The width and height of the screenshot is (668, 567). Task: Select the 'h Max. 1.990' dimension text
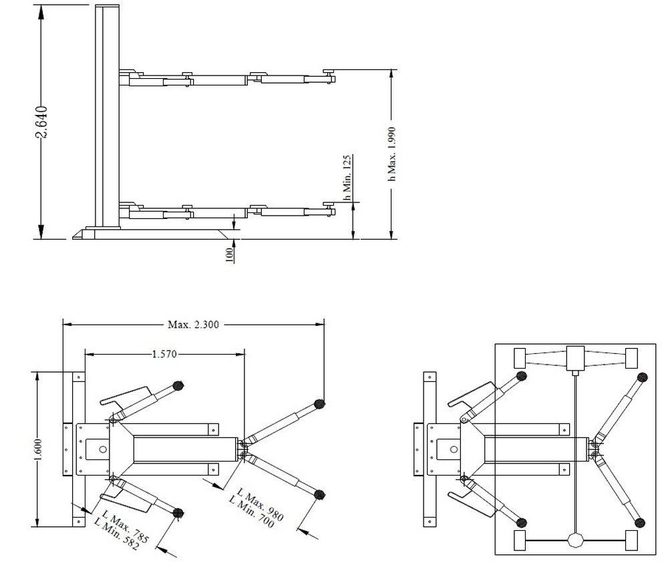coord(392,154)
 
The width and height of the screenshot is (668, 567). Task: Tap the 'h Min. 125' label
coord(347,177)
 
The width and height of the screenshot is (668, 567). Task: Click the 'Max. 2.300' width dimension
coord(193,325)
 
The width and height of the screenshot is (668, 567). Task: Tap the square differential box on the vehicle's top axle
coord(574,359)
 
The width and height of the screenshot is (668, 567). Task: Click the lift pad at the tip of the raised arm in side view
coord(329,73)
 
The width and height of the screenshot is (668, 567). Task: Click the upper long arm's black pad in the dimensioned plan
coord(319,403)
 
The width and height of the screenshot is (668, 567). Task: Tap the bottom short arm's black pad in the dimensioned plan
coord(178,513)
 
